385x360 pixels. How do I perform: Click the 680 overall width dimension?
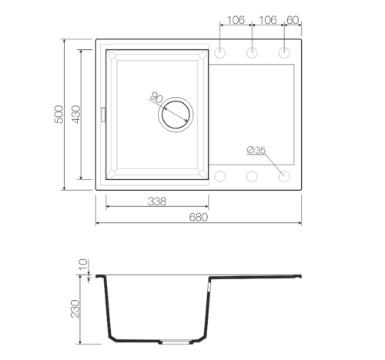198,218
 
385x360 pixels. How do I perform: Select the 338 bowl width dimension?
157,202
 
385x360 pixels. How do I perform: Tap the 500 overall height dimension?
59,115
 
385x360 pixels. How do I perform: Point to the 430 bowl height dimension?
76,115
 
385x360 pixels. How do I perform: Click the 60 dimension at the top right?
293,20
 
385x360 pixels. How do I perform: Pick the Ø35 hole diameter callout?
256,150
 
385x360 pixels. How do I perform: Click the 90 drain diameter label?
156,98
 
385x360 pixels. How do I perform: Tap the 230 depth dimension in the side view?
75,308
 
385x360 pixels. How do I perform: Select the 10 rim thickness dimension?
83,265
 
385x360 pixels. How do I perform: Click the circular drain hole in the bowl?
176,115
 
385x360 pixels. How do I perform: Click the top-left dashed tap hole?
219,53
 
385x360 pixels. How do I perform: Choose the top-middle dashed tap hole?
252,53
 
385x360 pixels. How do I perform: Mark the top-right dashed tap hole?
284,53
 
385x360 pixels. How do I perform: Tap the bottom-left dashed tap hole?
219,176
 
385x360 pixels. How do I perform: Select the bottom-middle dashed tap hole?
252,176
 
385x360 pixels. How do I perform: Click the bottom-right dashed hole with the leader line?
284,176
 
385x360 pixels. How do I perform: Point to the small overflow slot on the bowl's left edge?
103,115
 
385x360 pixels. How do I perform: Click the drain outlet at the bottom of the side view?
176,342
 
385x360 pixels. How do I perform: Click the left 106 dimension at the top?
236,20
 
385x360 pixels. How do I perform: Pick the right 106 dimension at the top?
268,20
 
